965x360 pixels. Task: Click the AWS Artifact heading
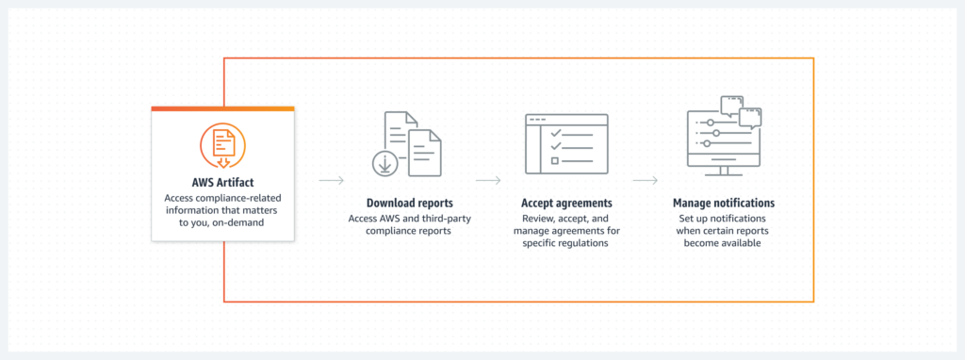[x=223, y=182]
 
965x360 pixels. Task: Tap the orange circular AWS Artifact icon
[x=223, y=145]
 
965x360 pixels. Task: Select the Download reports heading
[x=409, y=203]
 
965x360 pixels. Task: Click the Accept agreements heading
[x=566, y=203]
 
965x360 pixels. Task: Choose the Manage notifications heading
[x=723, y=203]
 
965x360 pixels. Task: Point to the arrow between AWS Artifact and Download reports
[x=331, y=178]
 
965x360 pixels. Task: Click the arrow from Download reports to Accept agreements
[x=487, y=178]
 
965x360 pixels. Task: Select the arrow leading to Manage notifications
[x=645, y=178]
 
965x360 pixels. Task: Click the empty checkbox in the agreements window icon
[x=554, y=161]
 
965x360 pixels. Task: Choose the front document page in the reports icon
[x=427, y=154]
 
